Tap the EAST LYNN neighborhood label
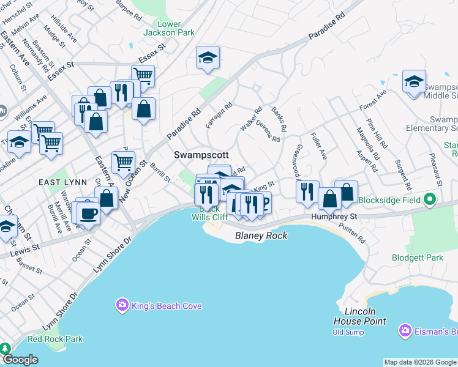(57, 182)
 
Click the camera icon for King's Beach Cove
(122, 305)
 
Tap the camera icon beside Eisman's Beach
(404, 331)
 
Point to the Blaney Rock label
(261, 235)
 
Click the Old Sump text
(348, 332)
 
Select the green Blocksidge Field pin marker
(430, 199)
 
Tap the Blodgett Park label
(418, 258)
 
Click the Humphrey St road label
(334, 217)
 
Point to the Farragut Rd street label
(219, 115)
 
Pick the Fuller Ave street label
(318, 146)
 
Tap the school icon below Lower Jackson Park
(208, 58)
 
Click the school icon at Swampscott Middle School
(414, 82)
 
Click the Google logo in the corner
(20, 360)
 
